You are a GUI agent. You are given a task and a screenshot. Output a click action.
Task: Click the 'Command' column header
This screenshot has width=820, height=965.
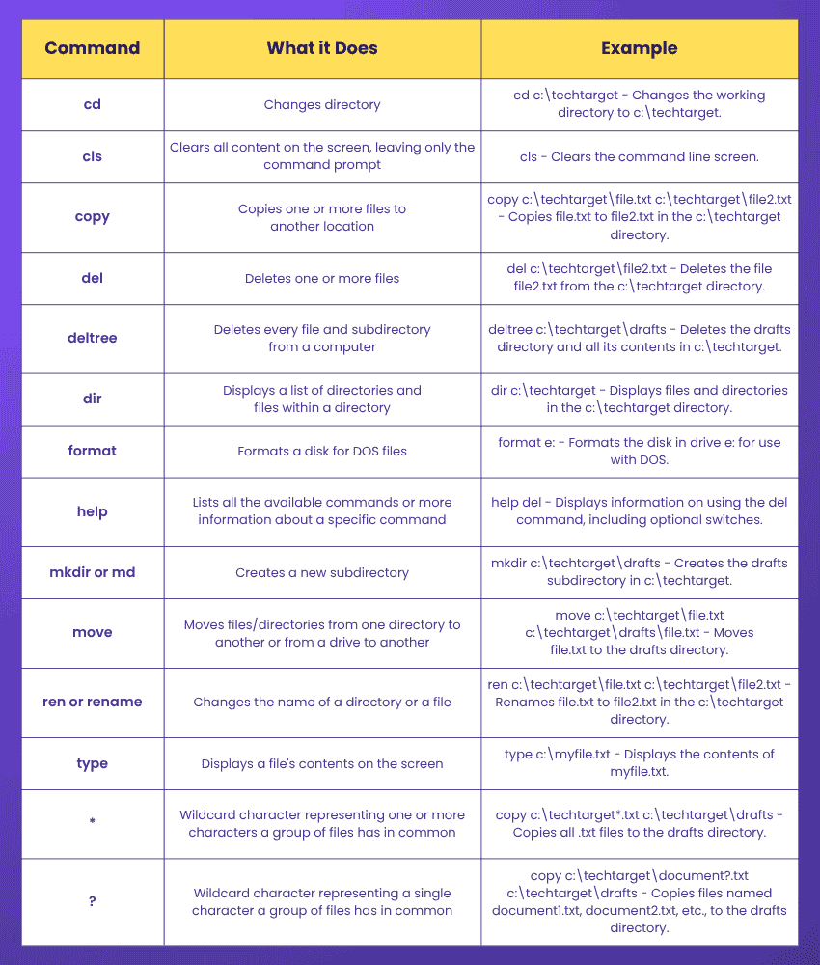93,48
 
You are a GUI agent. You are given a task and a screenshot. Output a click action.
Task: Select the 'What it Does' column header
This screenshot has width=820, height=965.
322,48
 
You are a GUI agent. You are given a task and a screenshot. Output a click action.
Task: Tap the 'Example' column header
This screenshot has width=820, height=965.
639,48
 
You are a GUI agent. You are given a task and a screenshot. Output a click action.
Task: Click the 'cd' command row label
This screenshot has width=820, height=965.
93,104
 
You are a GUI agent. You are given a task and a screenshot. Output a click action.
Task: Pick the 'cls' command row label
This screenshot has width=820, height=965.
93,156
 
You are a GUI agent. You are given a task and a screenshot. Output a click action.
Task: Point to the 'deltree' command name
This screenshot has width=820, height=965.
93,338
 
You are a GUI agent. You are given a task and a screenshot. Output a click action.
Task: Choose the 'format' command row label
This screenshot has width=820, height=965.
93,451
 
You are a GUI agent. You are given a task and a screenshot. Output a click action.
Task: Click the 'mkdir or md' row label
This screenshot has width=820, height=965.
93,572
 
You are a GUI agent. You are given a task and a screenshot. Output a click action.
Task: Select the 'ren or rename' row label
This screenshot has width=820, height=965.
93,702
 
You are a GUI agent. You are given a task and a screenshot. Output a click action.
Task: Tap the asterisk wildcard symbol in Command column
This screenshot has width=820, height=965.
93,824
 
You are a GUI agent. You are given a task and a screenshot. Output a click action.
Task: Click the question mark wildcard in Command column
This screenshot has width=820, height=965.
93,901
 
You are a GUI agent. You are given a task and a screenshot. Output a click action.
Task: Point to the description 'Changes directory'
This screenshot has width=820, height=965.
322,104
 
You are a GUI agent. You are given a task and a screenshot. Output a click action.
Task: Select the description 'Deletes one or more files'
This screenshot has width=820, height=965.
322,278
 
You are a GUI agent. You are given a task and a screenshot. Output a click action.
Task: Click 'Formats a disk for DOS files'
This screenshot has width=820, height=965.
322,451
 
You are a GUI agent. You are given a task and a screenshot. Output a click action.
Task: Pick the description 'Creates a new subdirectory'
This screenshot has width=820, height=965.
322,572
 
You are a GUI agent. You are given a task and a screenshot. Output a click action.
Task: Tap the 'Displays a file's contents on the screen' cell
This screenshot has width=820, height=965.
322,763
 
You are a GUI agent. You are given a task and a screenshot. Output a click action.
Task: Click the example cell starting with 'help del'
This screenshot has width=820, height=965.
639,511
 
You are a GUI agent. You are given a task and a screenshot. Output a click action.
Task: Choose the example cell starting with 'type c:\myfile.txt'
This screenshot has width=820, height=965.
639,762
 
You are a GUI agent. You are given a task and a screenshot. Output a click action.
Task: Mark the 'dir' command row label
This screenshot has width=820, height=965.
93,399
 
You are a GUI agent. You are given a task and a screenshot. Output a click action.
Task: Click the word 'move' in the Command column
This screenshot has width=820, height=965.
93,632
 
